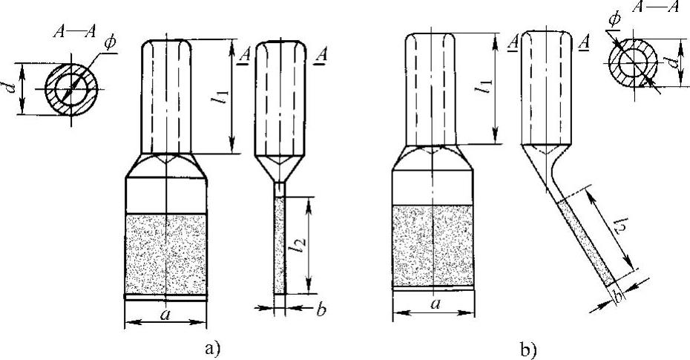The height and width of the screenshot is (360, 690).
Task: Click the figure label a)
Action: [209, 347]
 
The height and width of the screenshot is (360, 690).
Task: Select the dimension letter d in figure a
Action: [10, 88]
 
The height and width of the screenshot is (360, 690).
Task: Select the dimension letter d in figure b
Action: [672, 65]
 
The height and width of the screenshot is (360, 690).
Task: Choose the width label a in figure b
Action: [433, 304]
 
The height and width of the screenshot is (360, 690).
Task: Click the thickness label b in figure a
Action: [321, 312]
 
